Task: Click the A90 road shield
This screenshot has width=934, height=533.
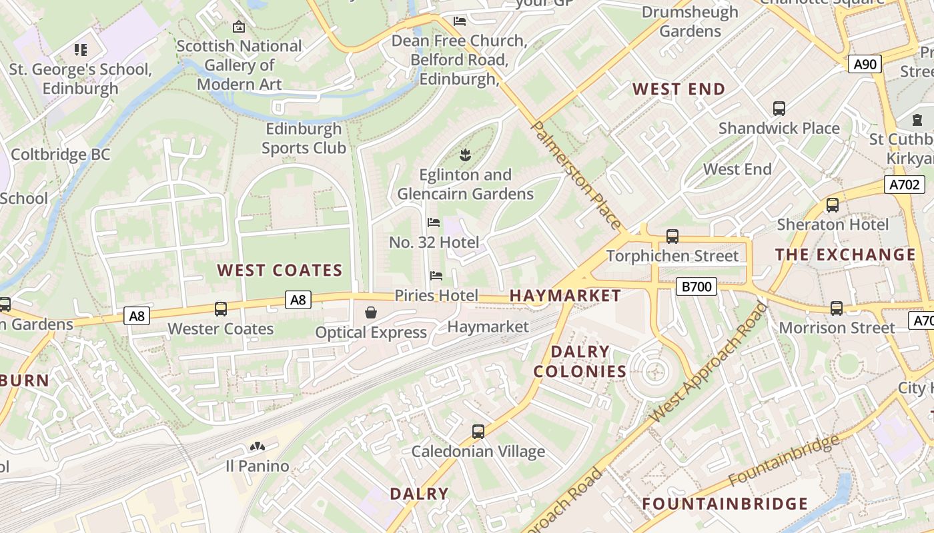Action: click(865, 64)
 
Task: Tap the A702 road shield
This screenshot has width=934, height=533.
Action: click(904, 185)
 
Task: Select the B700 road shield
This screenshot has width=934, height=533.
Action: click(696, 286)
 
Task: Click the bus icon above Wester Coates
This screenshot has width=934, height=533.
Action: click(221, 309)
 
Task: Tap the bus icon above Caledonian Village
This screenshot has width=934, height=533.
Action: click(478, 431)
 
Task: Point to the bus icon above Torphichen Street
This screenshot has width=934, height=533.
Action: click(672, 237)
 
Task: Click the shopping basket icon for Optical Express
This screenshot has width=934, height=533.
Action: click(370, 312)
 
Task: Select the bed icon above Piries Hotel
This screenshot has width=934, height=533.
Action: click(436, 275)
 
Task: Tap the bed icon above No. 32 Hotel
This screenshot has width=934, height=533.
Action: click(434, 222)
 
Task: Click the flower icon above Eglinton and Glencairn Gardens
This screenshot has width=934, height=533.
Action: click(465, 155)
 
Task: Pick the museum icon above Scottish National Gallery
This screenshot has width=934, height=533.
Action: click(239, 27)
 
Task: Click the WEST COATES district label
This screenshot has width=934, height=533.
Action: click(280, 270)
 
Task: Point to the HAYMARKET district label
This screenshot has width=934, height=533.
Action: click(565, 295)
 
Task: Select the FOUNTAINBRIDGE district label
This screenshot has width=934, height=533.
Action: click(725, 503)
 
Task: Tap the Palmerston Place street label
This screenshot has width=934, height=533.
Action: click(578, 176)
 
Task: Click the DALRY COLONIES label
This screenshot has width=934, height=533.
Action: click(580, 361)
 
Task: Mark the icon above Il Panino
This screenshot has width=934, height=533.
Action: click(257, 446)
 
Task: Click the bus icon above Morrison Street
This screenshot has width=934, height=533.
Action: click(837, 308)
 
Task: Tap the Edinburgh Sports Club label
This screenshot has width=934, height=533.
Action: click(304, 138)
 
